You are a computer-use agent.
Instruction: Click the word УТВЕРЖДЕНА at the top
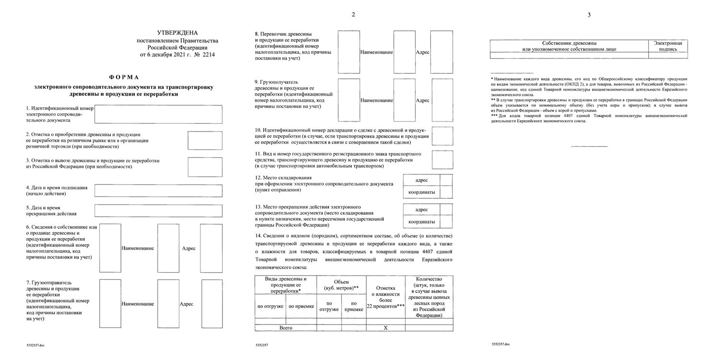(177, 33)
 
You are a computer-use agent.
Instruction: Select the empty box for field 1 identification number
(158, 114)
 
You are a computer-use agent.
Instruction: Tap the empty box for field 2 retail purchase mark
(205, 140)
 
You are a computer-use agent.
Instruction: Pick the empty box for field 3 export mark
(205, 167)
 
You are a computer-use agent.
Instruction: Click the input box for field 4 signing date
(158, 191)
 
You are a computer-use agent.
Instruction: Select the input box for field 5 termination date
(158, 211)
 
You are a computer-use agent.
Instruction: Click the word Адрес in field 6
(189, 248)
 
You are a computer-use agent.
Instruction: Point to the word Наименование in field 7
(138, 304)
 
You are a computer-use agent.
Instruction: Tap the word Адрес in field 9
(422, 100)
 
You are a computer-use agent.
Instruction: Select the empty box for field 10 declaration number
(442, 136)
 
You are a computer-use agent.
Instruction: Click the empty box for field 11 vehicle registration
(442, 160)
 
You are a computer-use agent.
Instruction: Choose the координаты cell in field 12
(421, 192)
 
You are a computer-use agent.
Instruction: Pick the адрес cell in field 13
(421, 210)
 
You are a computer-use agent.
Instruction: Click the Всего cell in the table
(285, 328)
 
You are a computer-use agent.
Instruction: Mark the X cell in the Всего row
(385, 328)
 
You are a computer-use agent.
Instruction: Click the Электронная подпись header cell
(667, 46)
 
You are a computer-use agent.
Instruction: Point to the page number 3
(589, 15)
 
